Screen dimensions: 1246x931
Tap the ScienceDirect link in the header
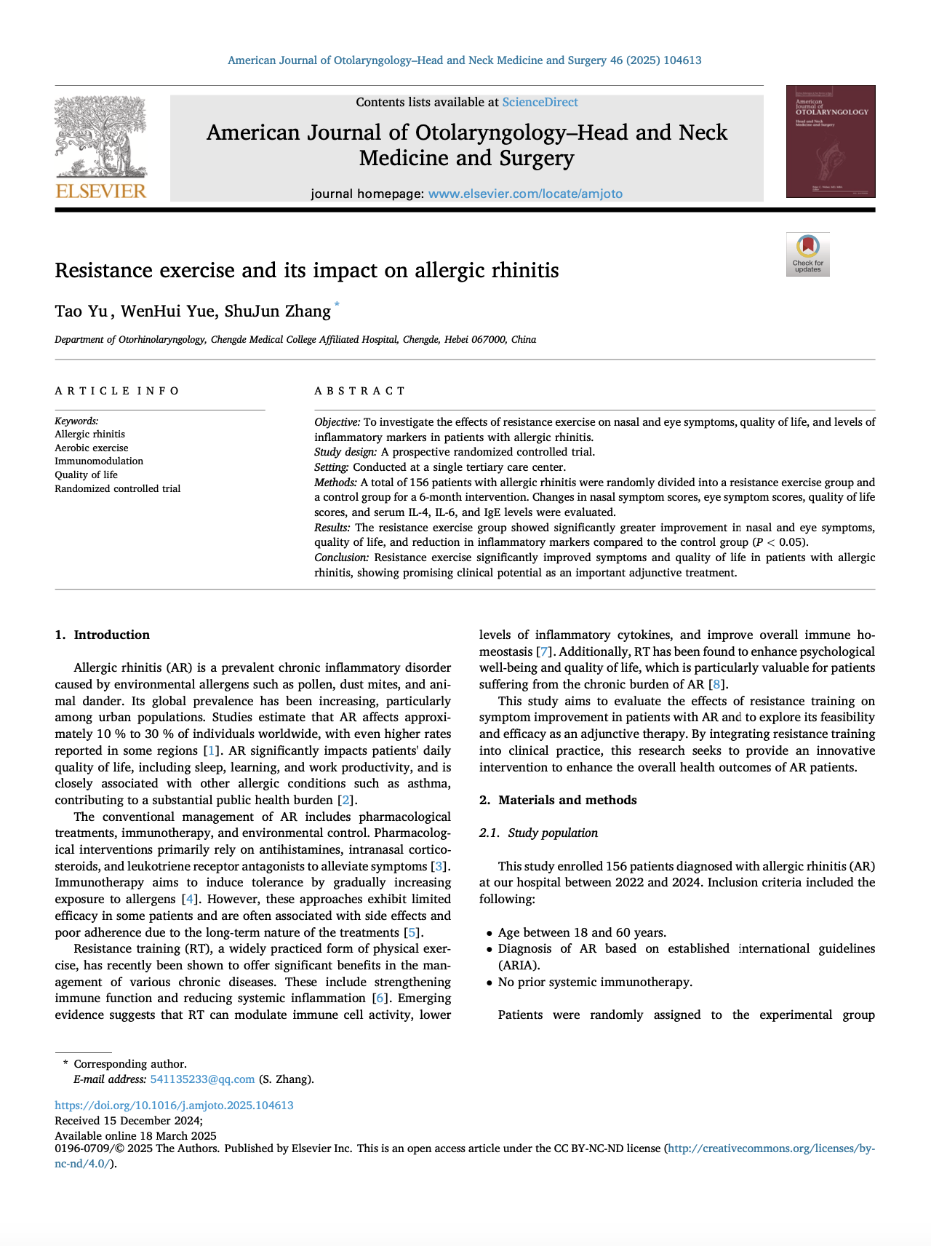[540, 103]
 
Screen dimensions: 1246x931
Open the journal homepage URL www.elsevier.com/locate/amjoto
[525, 194]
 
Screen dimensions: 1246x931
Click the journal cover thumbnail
[830, 142]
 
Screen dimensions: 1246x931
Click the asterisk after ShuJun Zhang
[337, 306]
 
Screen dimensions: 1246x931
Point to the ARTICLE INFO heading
[117, 391]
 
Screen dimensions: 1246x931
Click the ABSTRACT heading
[360, 391]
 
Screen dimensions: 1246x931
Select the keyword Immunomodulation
[99, 461]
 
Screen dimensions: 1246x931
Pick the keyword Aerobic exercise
[92, 448]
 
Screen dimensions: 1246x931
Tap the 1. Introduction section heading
[103, 635]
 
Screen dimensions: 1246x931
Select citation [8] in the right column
[717, 684]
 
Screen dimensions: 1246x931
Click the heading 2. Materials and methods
[558, 800]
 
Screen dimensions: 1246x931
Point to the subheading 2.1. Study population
[538, 833]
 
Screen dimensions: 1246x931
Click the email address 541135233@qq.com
[202, 1079]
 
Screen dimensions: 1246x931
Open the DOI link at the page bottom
[175, 1105]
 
